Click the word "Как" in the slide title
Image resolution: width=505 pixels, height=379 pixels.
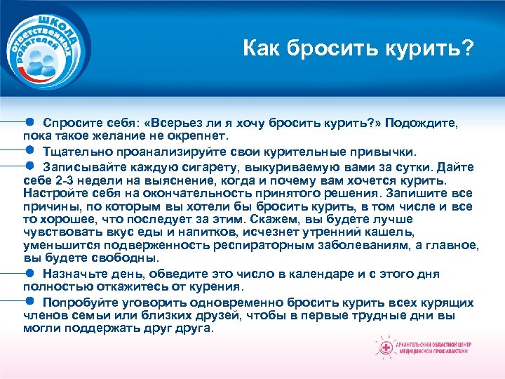pos(261,49)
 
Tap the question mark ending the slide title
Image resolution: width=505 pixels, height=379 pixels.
pos(468,49)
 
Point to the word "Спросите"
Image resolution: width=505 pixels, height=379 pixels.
pos(72,122)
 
